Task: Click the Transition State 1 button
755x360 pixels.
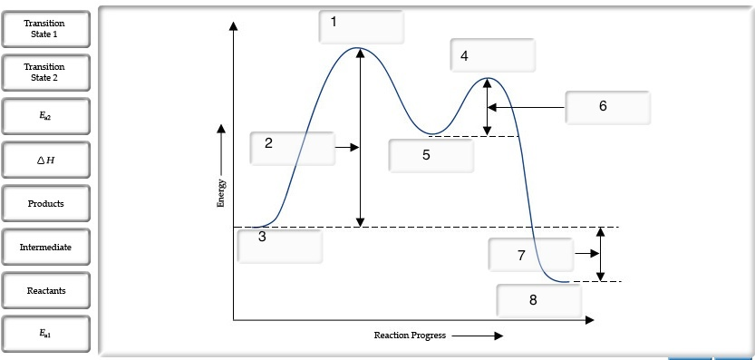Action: point(45,29)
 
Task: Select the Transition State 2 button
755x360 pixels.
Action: point(45,73)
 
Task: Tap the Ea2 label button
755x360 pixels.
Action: point(45,116)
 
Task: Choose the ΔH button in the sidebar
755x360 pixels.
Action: point(45,160)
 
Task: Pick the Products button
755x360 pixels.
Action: point(45,204)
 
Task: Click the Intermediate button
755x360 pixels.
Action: point(45,247)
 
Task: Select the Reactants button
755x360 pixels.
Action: point(45,290)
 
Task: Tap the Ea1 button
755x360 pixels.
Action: point(45,334)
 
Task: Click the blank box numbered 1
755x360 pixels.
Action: point(361,26)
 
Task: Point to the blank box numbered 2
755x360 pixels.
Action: point(292,148)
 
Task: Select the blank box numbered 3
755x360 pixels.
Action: point(279,245)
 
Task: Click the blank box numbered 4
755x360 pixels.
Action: point(492,55)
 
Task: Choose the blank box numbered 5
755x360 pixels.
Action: point(431,156)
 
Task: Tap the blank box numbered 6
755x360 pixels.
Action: point(607,107)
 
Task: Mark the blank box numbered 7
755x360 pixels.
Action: point(530,255)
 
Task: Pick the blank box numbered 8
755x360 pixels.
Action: point(538,300)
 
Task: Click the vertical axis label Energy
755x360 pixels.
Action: point(221,193)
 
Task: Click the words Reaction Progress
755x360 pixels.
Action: point(410,336)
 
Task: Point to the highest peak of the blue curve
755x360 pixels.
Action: point(360,48)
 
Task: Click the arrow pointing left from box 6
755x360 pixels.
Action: point(526,107)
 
